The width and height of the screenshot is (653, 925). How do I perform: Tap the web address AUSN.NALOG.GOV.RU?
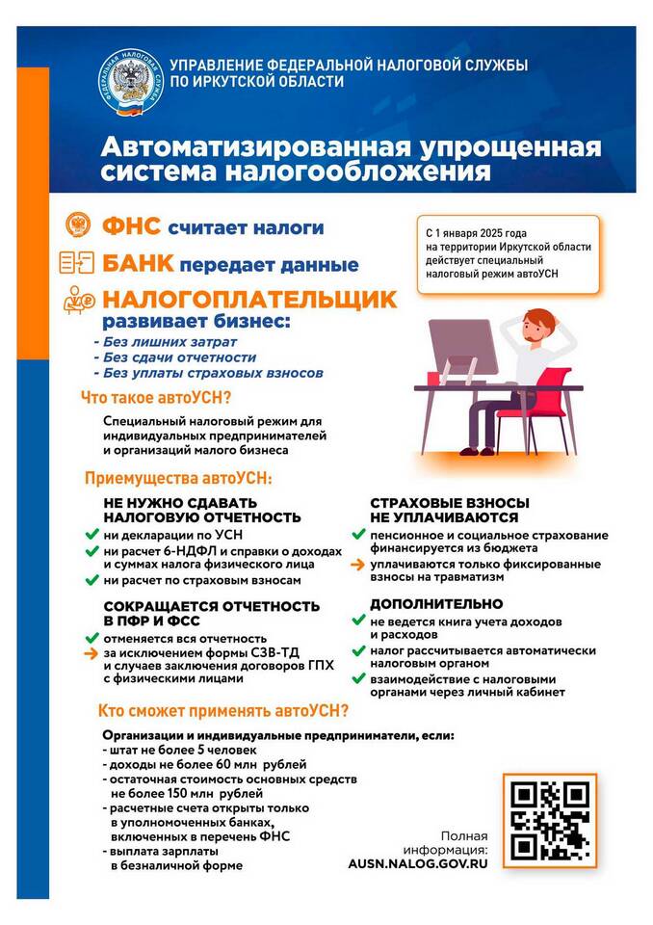pyautogui.click(x=418, y=864)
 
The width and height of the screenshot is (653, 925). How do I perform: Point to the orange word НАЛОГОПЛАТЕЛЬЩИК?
pyautogui.click(x=249, y=299)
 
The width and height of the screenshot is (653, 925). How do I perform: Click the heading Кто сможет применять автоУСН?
pyautogui.click(x=223, y=712)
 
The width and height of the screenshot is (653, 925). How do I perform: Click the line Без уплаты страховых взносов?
pyautogui.click(x=208, y=373)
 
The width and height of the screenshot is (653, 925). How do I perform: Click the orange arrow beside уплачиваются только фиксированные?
pyautogui.click(x=356, y=563)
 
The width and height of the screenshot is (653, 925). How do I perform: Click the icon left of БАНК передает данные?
pyautogui.click(x=77, y=262)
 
